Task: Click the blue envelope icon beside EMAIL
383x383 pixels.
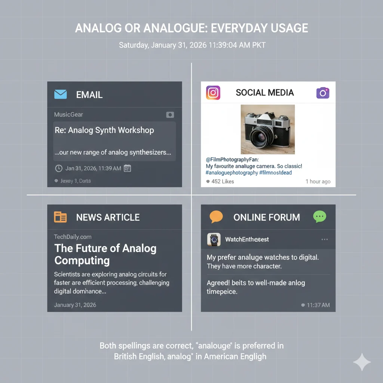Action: tap(61, 94)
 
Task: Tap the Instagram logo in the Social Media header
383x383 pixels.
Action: tap(213, 93)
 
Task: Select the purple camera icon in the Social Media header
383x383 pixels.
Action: tap(323, 93)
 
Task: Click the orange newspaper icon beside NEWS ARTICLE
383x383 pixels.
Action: tap(61, 217)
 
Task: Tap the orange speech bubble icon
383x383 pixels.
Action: tap(216, 217)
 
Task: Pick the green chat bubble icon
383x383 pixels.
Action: tap(319, 217)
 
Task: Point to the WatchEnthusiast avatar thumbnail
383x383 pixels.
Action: tap(214, 239)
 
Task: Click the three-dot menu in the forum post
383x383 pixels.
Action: tap(324, 239)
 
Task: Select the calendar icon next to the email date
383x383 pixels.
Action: tap(127, 168)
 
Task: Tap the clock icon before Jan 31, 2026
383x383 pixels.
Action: tap(59, 168)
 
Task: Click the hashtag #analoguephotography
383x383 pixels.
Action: tap(232, 173)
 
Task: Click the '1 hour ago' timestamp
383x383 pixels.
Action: tap(318, 181)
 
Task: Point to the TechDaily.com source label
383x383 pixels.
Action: tap(73, 237)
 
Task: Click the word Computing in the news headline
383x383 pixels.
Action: tap(82, 260)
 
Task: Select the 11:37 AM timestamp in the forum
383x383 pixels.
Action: tap(318, 305)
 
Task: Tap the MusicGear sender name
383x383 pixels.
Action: tap(68, 114)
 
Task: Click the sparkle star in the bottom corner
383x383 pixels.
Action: tap(362, 362)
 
